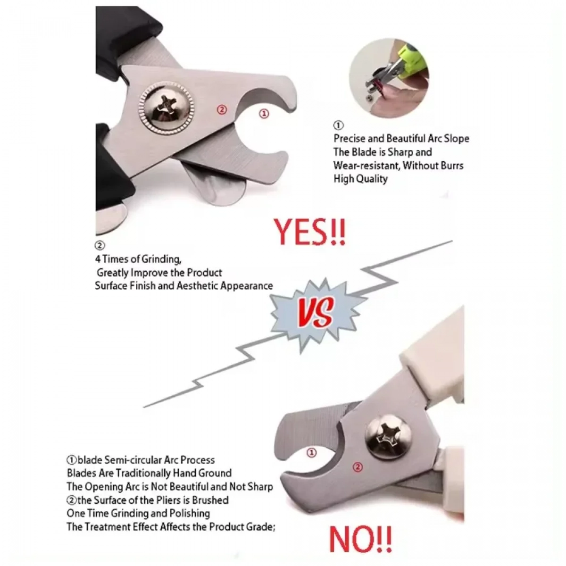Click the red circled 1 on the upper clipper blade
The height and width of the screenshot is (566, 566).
tap(264, 114)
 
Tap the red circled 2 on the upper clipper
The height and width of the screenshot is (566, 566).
tap(222, 109)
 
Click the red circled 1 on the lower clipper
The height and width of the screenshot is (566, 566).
tap(312, 452)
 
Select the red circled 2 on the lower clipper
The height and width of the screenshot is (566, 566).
tap(358, 467)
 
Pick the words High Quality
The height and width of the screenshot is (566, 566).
tap(360, 179)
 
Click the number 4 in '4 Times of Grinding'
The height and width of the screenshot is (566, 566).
tap(98, 259)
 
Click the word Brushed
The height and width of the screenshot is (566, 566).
tap(210, 500)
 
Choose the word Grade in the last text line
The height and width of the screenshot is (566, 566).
tap(261, 527)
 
